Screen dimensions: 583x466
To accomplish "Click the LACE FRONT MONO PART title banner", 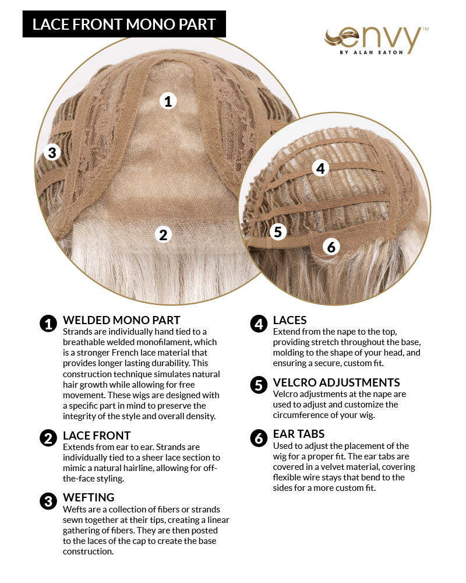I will point(124,24).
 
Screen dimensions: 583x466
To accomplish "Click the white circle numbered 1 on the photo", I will point(168,101).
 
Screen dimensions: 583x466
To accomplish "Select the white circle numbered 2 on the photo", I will point(164,234).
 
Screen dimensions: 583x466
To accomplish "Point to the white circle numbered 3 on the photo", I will point(52,153).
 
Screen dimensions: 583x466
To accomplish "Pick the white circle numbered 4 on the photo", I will point(320,168).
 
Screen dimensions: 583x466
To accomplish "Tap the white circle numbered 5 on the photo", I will point(278,231).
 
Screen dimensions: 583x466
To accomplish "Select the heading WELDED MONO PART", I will point(121,320).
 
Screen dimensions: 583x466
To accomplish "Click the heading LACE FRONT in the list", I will point(97,436).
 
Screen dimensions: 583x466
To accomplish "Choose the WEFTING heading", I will point(89,497).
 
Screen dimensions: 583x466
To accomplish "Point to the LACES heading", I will point(290,320).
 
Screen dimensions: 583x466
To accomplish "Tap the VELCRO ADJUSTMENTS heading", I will point(336,382).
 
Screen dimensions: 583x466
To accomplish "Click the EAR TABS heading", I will point(299,434).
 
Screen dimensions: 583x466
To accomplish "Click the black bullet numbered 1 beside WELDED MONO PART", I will point(48,324).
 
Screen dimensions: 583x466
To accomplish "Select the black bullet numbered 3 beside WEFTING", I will point(48,501).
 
